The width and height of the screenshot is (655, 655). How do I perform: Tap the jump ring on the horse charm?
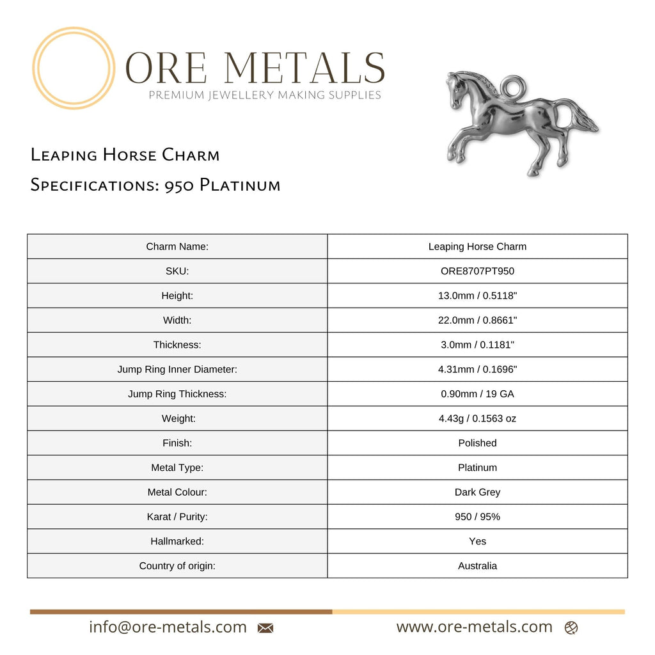click(514, 84)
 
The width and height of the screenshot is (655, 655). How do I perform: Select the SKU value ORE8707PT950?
click(477, 271)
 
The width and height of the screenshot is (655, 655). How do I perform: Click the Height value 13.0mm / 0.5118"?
click(477, 296)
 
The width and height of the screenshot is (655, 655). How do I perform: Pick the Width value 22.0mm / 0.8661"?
click(477, 320)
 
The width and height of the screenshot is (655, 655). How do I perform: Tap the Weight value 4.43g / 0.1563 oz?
click(477, 418)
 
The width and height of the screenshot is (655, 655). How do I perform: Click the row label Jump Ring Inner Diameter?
click(177, 369)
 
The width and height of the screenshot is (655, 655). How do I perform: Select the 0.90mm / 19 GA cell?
click(477, 394)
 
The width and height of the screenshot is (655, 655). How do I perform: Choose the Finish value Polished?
click(477, 443)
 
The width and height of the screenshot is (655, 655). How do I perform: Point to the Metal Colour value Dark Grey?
click(477, 492)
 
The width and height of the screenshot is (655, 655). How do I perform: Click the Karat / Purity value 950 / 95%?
click(477, 516)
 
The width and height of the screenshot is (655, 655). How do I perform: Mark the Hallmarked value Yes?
click(477, 541)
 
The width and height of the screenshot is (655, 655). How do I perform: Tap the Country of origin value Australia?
click(477, 565)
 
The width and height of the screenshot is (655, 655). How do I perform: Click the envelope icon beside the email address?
click(265, 628)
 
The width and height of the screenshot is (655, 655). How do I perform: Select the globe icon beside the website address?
click(571, 628)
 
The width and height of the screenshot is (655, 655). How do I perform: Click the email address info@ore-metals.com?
click(168, 627)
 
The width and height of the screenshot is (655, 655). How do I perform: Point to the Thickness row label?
click(177, 345)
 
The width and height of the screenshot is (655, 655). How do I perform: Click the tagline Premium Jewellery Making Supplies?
click(265, 95)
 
